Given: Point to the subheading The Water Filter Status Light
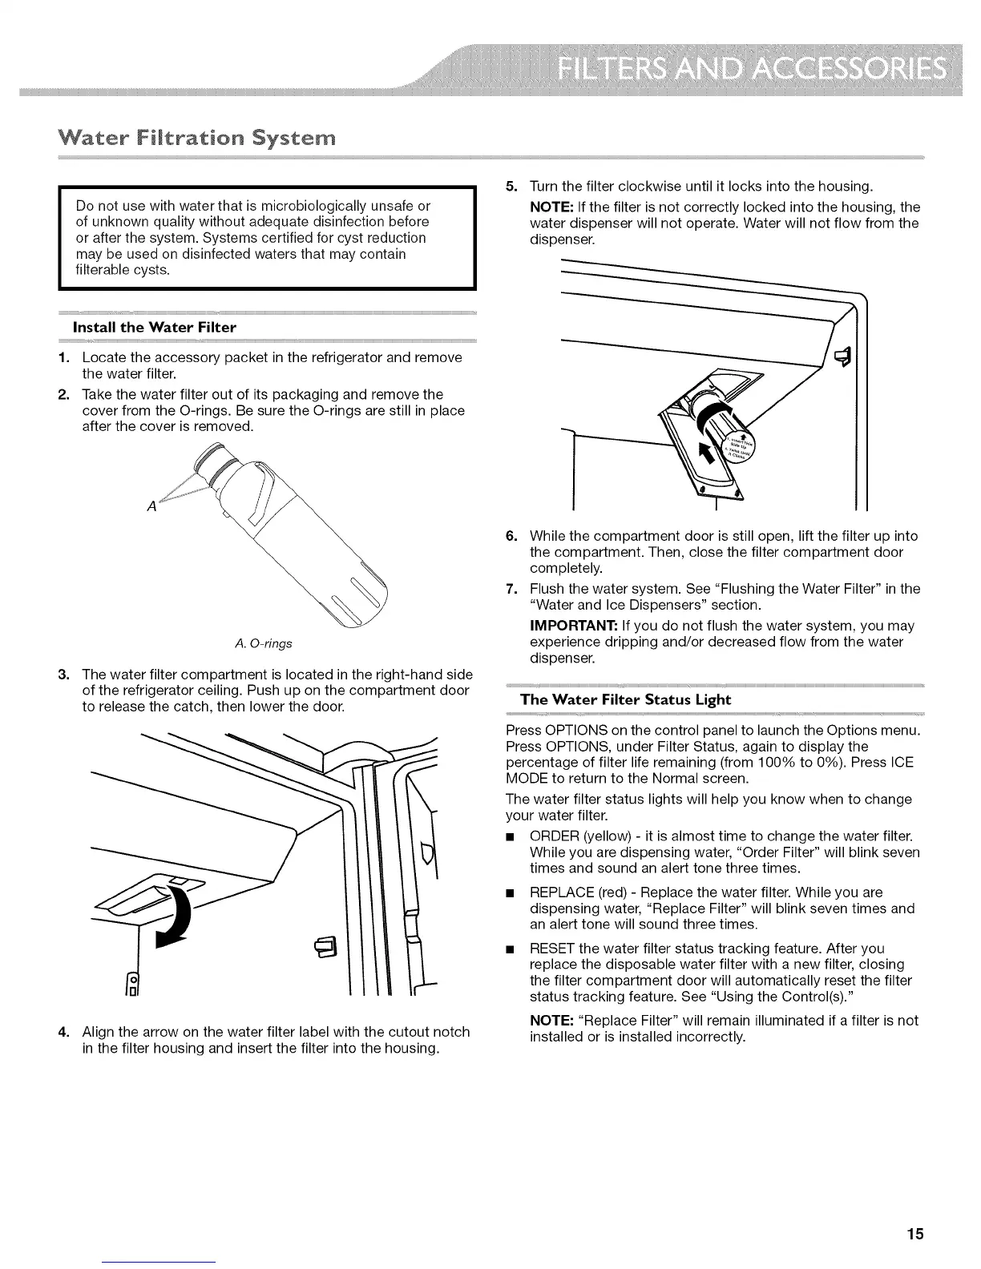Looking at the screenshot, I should tap(625, 699).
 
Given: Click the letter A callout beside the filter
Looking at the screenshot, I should tap(150, 506).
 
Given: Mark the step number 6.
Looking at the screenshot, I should tap(511, 536).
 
